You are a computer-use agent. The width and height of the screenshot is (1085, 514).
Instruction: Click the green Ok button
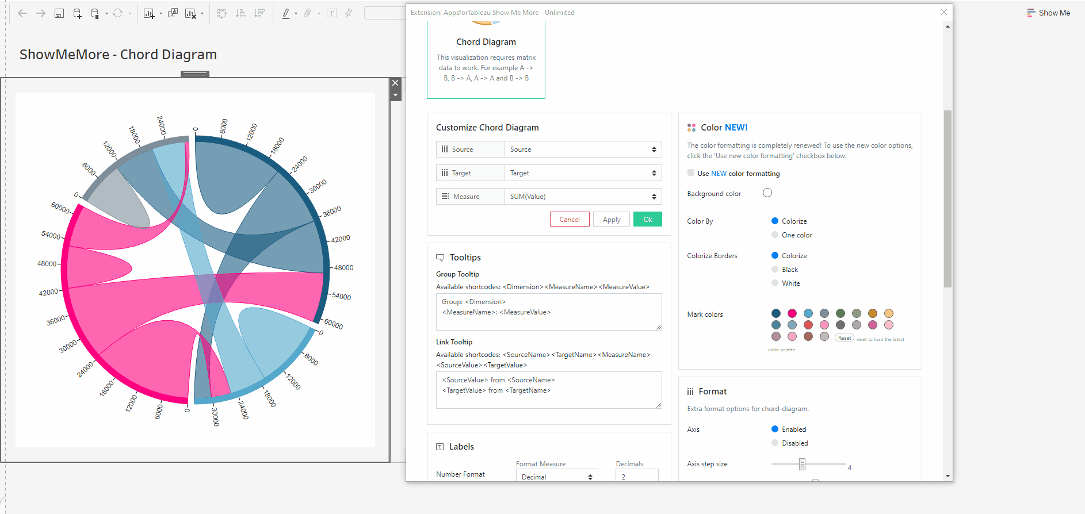pyautogui.click(x=647, y=220)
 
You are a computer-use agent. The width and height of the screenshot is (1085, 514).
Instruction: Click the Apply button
pyautogui.click(x=611, y=220)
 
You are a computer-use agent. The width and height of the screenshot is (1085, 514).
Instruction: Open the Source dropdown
pyautogui.click(x=583, y=149)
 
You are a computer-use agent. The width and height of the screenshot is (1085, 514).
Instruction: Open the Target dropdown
pyautogui.click(x=583, y=173)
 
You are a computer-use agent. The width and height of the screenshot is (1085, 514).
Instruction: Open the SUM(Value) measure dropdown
pyautogui.click(x=583, y=197)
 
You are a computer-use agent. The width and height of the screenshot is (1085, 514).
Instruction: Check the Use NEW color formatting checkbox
pyautogui.click(x=691, y=173)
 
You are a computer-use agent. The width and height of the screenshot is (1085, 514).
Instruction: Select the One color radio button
pyautogui.click(x=775, y=235)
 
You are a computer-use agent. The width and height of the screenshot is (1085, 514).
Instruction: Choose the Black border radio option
pyautogui.click(x=775, y=270)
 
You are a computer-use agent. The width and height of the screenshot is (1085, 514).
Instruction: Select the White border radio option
pyautogui.click(x=775, y=283)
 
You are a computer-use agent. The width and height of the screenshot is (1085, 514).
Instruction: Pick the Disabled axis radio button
pyautogui.click(x=775, y=443)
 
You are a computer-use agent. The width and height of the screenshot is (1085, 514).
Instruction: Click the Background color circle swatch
pyautogui.click(x=767, y=193)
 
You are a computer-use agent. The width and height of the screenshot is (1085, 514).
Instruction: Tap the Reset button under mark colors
pyautogui.click(x=845, y=338)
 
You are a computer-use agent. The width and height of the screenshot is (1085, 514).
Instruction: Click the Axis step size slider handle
pyautogui.click(x=802, y=464)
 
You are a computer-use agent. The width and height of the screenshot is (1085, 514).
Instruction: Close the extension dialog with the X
pyautogui.click(x=944, y=12)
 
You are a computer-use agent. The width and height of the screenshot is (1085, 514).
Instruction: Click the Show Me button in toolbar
pyautogui.click(x=1049, y=13)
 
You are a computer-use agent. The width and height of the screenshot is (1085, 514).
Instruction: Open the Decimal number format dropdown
pyautogui.click(x=556, y=477)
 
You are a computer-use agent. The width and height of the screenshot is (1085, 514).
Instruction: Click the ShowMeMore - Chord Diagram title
pyautogui.click(x=118, y=55)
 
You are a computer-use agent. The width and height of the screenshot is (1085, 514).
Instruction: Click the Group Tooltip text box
pyautogui.click(x=548, y=312)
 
